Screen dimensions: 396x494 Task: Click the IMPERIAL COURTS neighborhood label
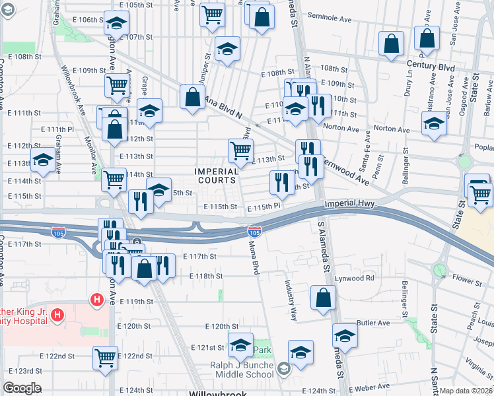click(216, 176)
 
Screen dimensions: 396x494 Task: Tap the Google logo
click(22, 388)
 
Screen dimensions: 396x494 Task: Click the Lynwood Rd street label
click(356, 278)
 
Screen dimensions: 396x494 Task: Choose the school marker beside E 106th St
click(117, 23)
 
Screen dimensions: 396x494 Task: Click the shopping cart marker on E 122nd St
click(105, 358)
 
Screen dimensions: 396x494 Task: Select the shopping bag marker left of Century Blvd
click(392, 44)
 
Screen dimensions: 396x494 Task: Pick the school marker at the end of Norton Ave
click(434, 123)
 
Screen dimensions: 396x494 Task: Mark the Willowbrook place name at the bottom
click(217, 393)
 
